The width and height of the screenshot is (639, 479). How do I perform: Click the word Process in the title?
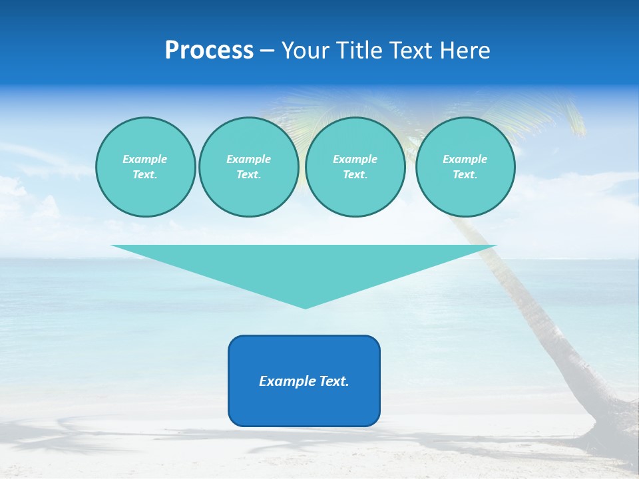pos(209,51)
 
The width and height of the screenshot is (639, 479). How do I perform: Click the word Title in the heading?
pos(360,51)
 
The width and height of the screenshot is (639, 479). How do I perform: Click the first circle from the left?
pos(146,167)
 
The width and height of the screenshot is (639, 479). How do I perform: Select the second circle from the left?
pos(249,167)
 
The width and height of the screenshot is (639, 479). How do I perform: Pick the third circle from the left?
pos(355,167)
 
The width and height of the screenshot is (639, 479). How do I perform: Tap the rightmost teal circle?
pos(465,167)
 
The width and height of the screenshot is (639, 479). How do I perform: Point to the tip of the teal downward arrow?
pos(306,307)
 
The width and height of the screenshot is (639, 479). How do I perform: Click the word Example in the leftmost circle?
pos(145,159)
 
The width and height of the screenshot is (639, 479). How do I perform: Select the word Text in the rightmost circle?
pos(465,175)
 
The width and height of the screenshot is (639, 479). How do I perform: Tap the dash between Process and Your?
pos(268,51)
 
